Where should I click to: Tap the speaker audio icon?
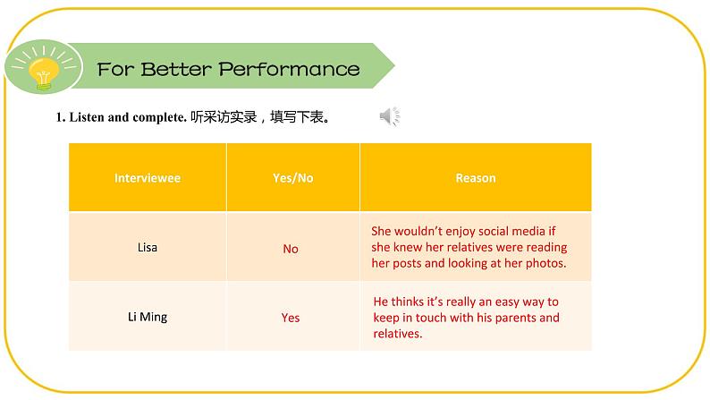point(389,116)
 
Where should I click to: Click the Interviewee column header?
point(148,178)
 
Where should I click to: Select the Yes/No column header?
point(293,178)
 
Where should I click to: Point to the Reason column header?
point(476,178)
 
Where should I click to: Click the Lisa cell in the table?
point(148,247)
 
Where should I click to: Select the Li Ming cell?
point(148,317)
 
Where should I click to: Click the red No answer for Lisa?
point(291,249)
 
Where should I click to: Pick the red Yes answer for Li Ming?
point(291,318)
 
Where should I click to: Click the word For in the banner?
point(115,70)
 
